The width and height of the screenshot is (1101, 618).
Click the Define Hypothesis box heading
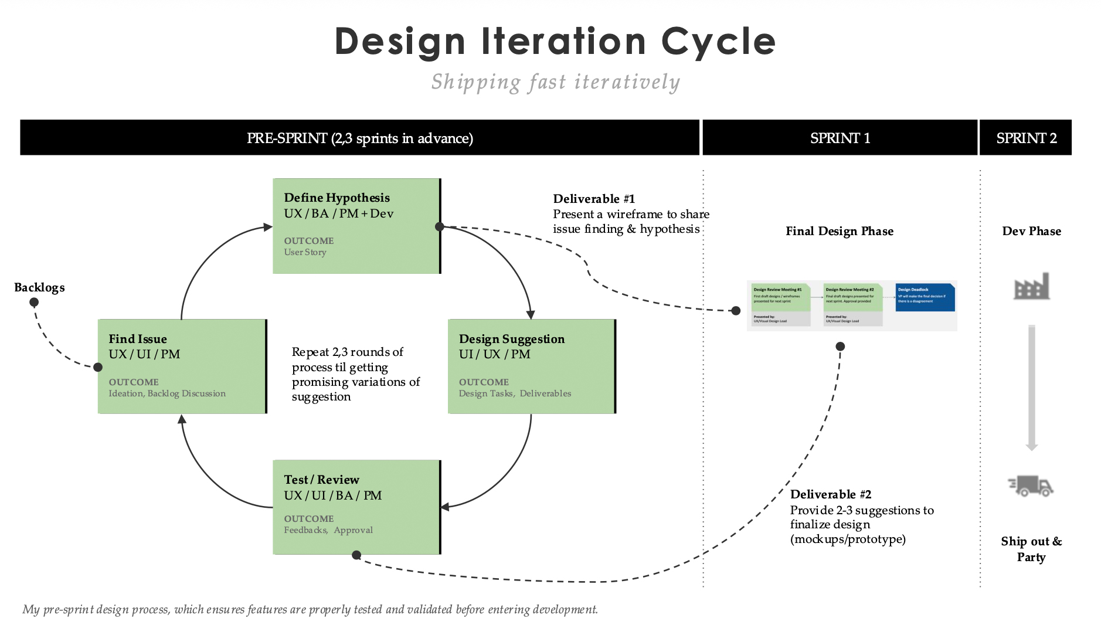click(337, 198)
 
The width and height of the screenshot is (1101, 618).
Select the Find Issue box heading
click(138, 339)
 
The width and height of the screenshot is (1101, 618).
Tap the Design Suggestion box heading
click(511, 339)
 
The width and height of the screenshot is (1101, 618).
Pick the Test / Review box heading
click(321, 480)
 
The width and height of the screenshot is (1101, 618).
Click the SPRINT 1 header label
click(840, 138)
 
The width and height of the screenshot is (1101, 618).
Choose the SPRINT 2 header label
click(1026, 138)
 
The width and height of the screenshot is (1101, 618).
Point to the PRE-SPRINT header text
click(359, 138)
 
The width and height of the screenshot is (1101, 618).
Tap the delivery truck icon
click(1031, 486)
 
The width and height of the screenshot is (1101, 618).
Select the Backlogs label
click(39, 287)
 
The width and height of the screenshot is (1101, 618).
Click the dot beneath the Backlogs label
click(34, 303)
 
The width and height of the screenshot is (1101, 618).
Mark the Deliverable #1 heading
click(594, 199)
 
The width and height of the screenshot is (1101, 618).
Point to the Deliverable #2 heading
click(830, 494)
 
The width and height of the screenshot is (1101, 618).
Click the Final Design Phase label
click(840, 231)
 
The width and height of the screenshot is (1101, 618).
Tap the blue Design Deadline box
click(925, 297)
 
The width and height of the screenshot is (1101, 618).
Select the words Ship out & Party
click(1031, 549)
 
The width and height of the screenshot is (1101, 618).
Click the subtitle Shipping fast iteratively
click(555, 82)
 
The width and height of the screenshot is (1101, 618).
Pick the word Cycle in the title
click(718, 42)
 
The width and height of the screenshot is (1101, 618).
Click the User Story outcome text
click(305, 252)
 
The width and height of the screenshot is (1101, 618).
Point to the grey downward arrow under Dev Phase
click(1032, 387)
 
